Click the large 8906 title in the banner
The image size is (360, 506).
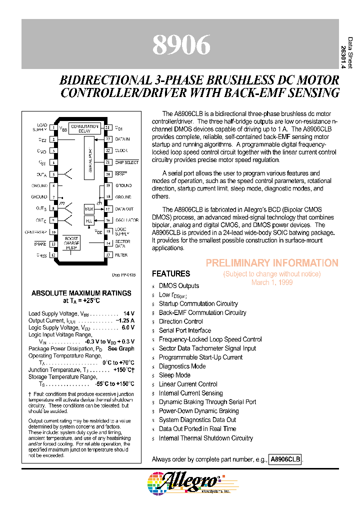[x=181, y=45]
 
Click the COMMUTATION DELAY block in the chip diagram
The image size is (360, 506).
[x=84, y=129]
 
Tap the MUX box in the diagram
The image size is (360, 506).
[x=89, y=208]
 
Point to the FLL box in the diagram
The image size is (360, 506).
[x=89, y=220]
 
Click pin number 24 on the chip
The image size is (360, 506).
[x=107, y=127]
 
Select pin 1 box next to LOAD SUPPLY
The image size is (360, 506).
[x=53, y=127]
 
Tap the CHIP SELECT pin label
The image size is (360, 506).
[x=126, y=162]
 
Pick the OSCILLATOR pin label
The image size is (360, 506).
[x=126, y=220]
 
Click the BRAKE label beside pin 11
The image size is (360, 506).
[x=40, y=243]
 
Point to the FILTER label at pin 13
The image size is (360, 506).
[x=121, y=255]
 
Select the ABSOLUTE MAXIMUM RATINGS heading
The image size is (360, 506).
[x=81, y=293]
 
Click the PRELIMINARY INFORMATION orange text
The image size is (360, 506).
[x=272, y=263]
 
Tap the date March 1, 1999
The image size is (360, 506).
[x=272, y=282]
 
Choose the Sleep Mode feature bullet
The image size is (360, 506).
[x=174, y=375]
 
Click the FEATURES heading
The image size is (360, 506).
[x=171, y=274]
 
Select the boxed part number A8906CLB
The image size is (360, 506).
[x=285, y=459]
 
